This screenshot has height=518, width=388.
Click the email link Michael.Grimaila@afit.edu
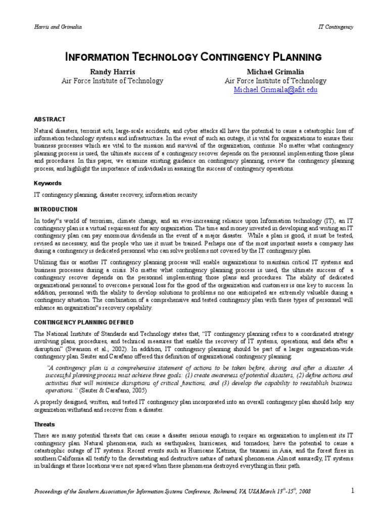(275, 90)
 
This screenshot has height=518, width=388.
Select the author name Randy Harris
(112, 71)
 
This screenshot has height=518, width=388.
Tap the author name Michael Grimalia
(275, 71)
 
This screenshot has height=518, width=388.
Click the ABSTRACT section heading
(50, 119)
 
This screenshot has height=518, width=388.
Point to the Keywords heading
(47, 183)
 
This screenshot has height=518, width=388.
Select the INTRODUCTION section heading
(56, 209)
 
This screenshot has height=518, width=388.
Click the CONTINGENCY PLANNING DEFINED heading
(83, 322)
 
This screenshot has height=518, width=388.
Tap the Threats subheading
(44, 424)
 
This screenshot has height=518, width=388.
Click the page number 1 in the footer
(353, 490)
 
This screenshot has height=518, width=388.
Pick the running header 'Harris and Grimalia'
(57, 27)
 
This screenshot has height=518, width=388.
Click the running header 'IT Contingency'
(335, 27)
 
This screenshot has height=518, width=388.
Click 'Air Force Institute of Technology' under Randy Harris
(112, 81)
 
